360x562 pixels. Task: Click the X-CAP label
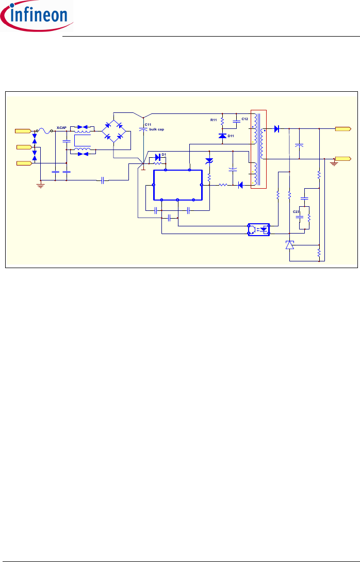61,127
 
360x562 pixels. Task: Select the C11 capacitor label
148,124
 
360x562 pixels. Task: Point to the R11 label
214,120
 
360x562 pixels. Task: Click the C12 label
244,119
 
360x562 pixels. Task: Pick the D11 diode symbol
222,136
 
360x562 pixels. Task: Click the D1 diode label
163,154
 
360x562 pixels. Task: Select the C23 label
296,212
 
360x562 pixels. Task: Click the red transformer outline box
258,150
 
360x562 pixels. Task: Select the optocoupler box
259,229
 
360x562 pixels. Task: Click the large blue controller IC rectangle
177,184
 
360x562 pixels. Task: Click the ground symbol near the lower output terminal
335,162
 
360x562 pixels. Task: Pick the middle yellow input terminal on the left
24,147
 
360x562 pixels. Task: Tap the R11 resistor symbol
222,122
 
